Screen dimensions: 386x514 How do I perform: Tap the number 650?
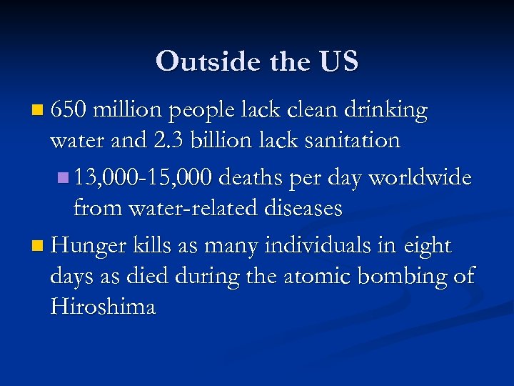tap(69, 110)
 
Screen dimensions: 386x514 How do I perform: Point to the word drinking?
tap(385, 110)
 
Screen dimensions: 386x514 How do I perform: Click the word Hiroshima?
tap(103, 307)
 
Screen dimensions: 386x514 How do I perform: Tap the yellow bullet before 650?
tap(38, 112)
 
